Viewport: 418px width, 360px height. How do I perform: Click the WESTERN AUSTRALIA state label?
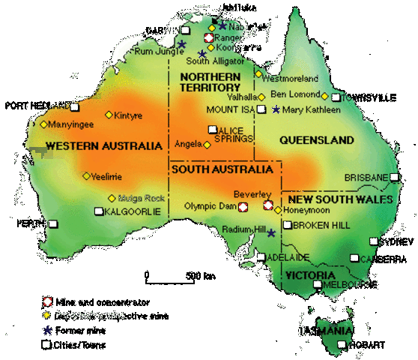click(x=103, y=145)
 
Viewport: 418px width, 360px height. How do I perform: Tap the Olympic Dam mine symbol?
click(x=243, y=205)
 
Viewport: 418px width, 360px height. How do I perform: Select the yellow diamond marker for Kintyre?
click(x=108, y=115)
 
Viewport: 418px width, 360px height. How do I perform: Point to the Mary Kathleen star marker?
click(x=276, y=110)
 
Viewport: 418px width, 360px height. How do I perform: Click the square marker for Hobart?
click(x=342, y=345)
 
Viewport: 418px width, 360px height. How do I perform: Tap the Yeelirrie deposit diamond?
click(x=85, y=177)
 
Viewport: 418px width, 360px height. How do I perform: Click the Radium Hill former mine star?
click(x=271, y=233)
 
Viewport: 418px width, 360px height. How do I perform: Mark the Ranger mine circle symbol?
click(x=209, y=37)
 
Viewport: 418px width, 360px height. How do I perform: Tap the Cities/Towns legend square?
click(x=46, y=344)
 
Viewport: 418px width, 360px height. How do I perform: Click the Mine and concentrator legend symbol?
click(x=46, y=301)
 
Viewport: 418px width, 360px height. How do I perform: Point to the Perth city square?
click(x=53, y=223)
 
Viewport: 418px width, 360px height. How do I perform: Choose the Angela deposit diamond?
click(x=207, y=145)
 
